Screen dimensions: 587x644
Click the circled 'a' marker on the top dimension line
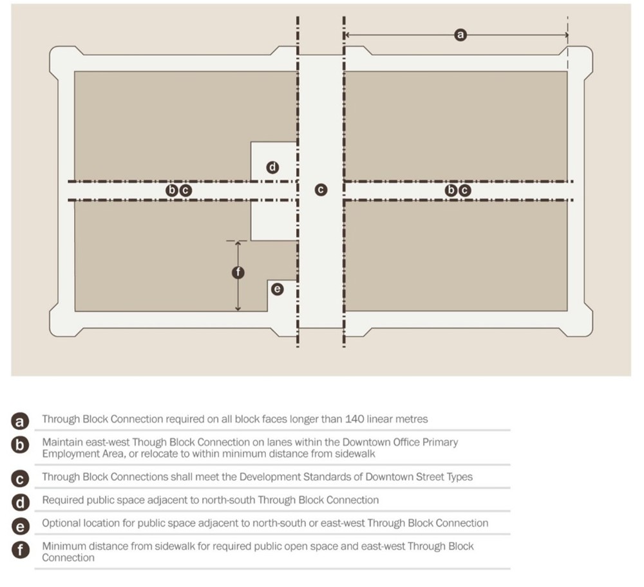[x=460, y=35]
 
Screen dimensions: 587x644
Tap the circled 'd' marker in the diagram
[x=272, y=168]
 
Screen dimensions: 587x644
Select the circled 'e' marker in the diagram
[x=278, y=289]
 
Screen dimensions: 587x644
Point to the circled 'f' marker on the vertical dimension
[x=238, y=273]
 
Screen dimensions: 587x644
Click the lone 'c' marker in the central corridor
[x=320, y=190]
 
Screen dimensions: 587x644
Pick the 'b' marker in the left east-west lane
[x=172, y=190]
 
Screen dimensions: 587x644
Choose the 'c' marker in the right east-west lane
[x=464, y=190]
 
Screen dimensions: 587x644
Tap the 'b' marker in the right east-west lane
[x=451, y=190]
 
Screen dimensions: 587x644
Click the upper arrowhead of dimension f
[x=238, y=244]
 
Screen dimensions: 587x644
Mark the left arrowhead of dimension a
[x=347, y=35]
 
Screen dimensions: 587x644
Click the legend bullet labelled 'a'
[x=21, y=421]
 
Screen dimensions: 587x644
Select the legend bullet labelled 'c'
[x=21, y=478]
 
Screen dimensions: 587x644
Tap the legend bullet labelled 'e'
[x=21, y=525]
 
